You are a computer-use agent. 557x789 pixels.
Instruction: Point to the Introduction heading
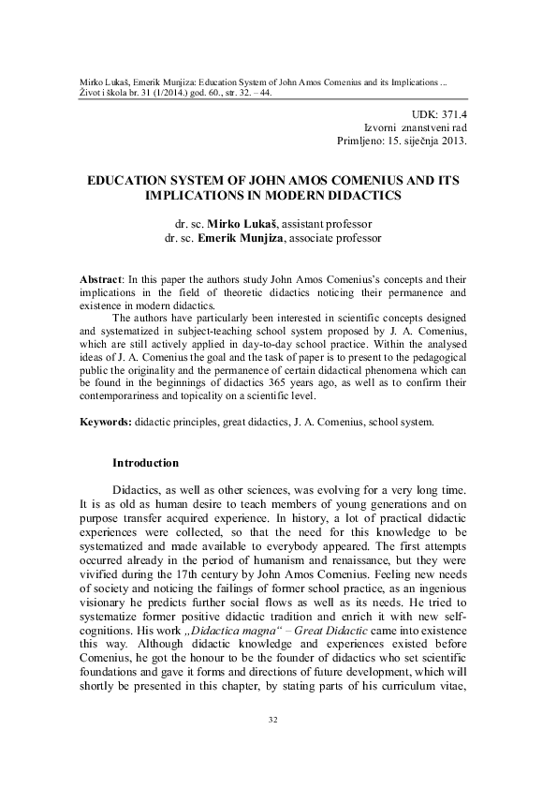[145, 463]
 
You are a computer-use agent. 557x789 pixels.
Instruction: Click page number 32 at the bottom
[273, 745]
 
